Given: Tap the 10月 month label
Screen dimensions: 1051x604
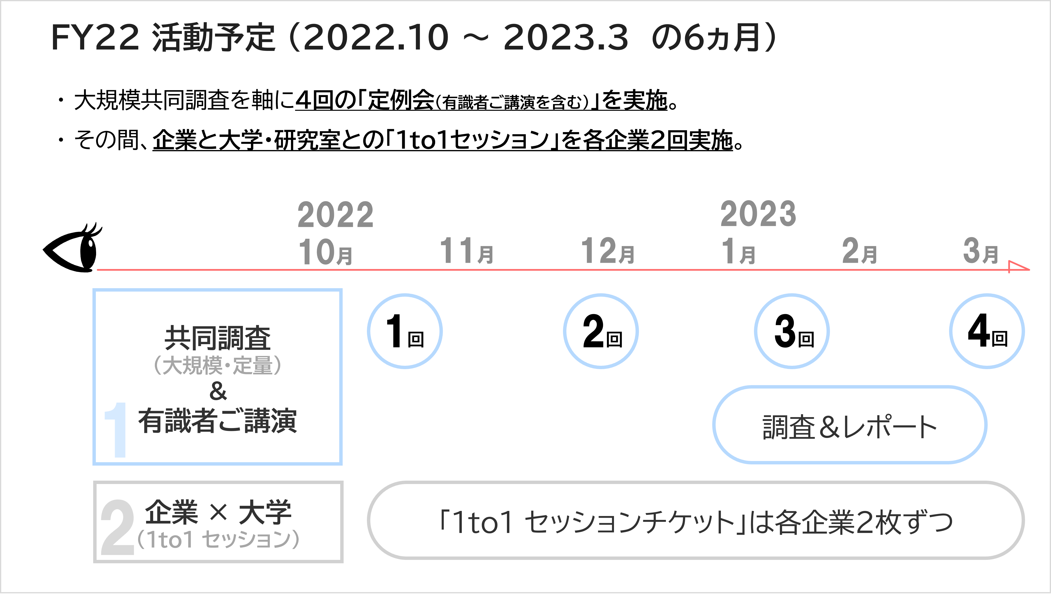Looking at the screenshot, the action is point(326,252).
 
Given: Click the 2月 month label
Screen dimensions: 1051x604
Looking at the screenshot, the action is point(860,251).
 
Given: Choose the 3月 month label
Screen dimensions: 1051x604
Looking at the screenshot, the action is point(981,251).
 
